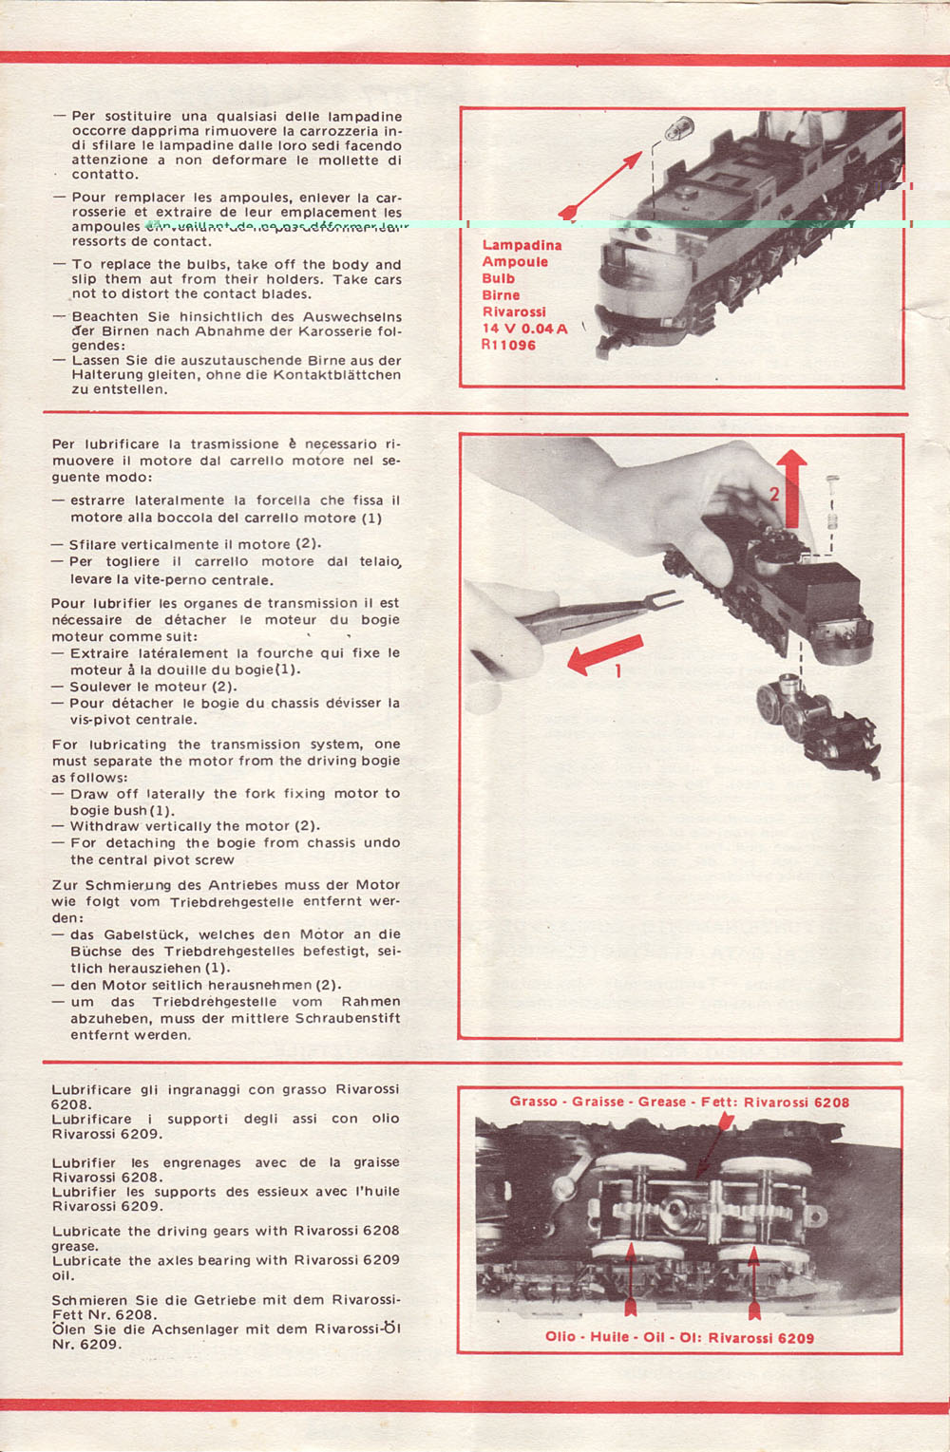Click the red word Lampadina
522,245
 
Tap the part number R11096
508,345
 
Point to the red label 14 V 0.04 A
524,329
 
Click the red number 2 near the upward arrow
774,494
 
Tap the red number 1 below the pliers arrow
618,671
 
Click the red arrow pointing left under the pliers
605,654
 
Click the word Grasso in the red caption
533,1102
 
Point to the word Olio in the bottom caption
560,1337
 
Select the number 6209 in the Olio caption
795,1338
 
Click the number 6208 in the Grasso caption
831,1103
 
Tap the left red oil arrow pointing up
630,1282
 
